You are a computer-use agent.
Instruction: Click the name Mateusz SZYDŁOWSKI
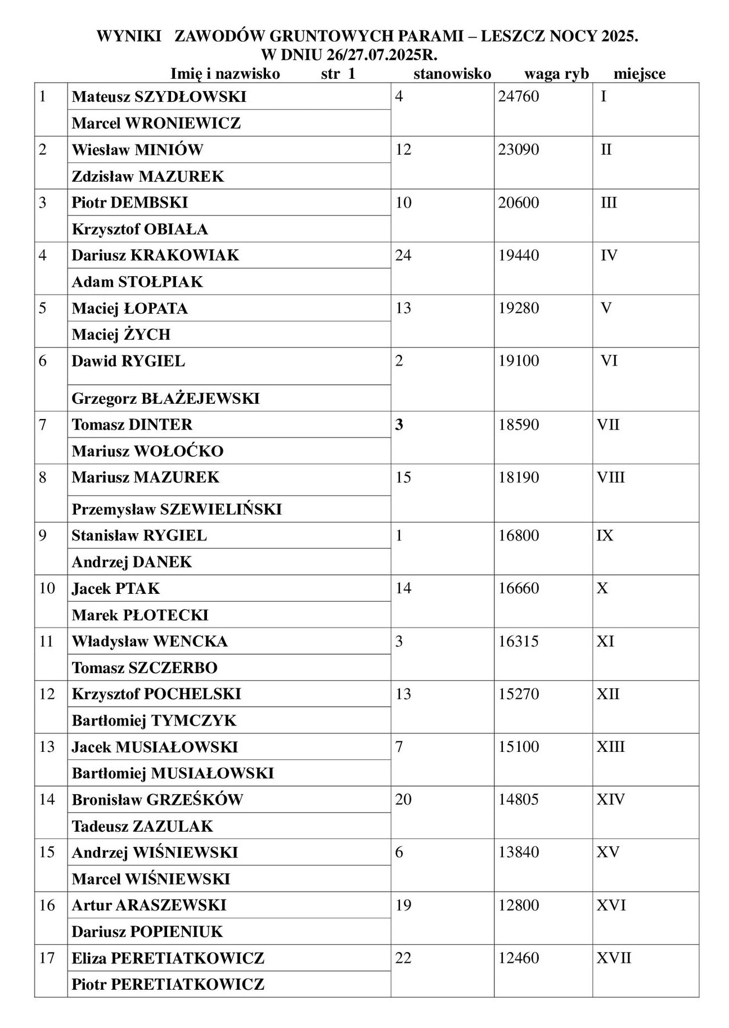point(159,97)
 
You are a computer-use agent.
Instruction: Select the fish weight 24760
point(519,97)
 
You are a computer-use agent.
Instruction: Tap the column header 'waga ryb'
point(556,74)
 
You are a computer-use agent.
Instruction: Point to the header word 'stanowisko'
point(452,74)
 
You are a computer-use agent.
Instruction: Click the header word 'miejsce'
point(640,74)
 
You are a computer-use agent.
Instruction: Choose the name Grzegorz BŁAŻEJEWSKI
point(165,399)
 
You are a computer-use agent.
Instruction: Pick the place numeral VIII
point(611,477)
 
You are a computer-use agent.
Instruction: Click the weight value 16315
point(519,642)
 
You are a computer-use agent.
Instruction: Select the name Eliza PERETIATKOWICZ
point(168,958)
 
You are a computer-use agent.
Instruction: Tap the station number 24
point(403,256)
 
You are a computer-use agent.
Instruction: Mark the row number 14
point(47,800)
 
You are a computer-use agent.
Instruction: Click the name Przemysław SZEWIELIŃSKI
point(177,510)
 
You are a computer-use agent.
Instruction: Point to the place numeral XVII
point(614,958)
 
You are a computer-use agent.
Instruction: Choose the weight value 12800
point(519,905)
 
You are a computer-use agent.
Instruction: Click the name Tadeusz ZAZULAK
point(142,826)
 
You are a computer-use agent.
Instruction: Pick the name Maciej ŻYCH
point(121,335)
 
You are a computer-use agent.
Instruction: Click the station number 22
point(403,958)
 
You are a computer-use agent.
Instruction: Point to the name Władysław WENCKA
point(150,642)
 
